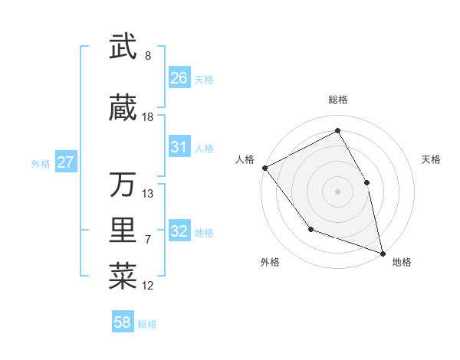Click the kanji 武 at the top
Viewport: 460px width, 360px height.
123,47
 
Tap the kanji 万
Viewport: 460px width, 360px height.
123,185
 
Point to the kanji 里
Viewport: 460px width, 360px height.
123,231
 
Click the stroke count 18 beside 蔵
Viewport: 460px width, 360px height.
148,117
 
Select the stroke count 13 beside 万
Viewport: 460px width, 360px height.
148,194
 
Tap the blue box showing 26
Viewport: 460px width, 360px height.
179,78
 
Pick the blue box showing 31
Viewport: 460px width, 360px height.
179,147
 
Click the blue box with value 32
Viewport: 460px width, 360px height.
179,231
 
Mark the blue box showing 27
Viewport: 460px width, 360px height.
66,162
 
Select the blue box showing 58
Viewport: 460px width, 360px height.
123,322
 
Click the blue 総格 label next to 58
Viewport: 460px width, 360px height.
147,324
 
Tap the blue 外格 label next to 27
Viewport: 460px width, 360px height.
41,163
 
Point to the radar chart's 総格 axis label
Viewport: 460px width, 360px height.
338,100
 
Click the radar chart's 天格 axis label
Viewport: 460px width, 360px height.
432,159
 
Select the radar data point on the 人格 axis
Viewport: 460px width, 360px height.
264,168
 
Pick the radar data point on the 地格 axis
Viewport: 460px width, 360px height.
383,253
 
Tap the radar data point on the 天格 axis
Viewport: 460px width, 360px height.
366,182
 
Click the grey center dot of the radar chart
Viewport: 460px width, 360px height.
337,191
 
